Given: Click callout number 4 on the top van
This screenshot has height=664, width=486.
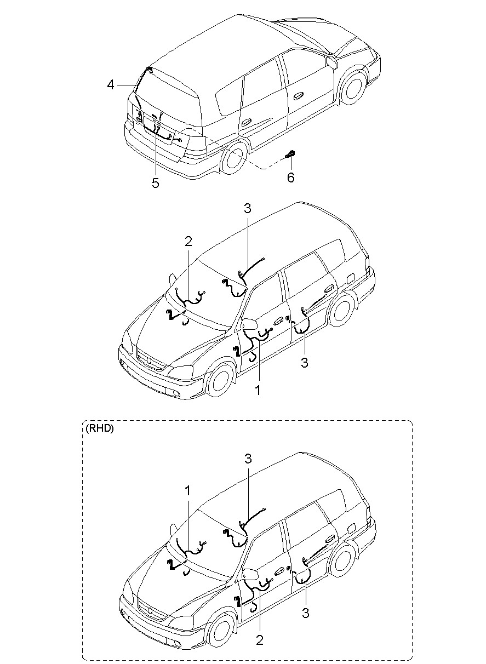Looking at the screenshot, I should click(111, 84).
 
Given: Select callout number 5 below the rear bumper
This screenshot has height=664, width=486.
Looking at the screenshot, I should click(156, 183).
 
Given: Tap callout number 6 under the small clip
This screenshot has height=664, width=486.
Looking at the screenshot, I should click(290, 178).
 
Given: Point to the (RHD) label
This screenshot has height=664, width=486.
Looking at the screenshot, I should click(99, 429).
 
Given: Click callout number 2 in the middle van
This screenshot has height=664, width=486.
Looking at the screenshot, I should click(188, 241).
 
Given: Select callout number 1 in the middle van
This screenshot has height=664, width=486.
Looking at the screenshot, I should click(258, 391).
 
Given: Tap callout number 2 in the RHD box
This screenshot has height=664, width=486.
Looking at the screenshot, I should click(260, 640).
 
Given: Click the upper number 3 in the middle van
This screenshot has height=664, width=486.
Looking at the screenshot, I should click(248, 208).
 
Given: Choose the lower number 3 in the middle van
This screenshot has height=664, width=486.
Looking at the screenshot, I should click(305, 362).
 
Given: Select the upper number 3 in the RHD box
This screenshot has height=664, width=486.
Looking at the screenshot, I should click(248, 458).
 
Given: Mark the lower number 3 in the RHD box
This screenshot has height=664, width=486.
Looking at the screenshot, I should click(306, 613).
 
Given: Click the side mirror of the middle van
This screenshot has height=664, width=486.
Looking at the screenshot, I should click(250, 324).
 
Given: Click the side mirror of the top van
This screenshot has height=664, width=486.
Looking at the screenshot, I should click(331, 60).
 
